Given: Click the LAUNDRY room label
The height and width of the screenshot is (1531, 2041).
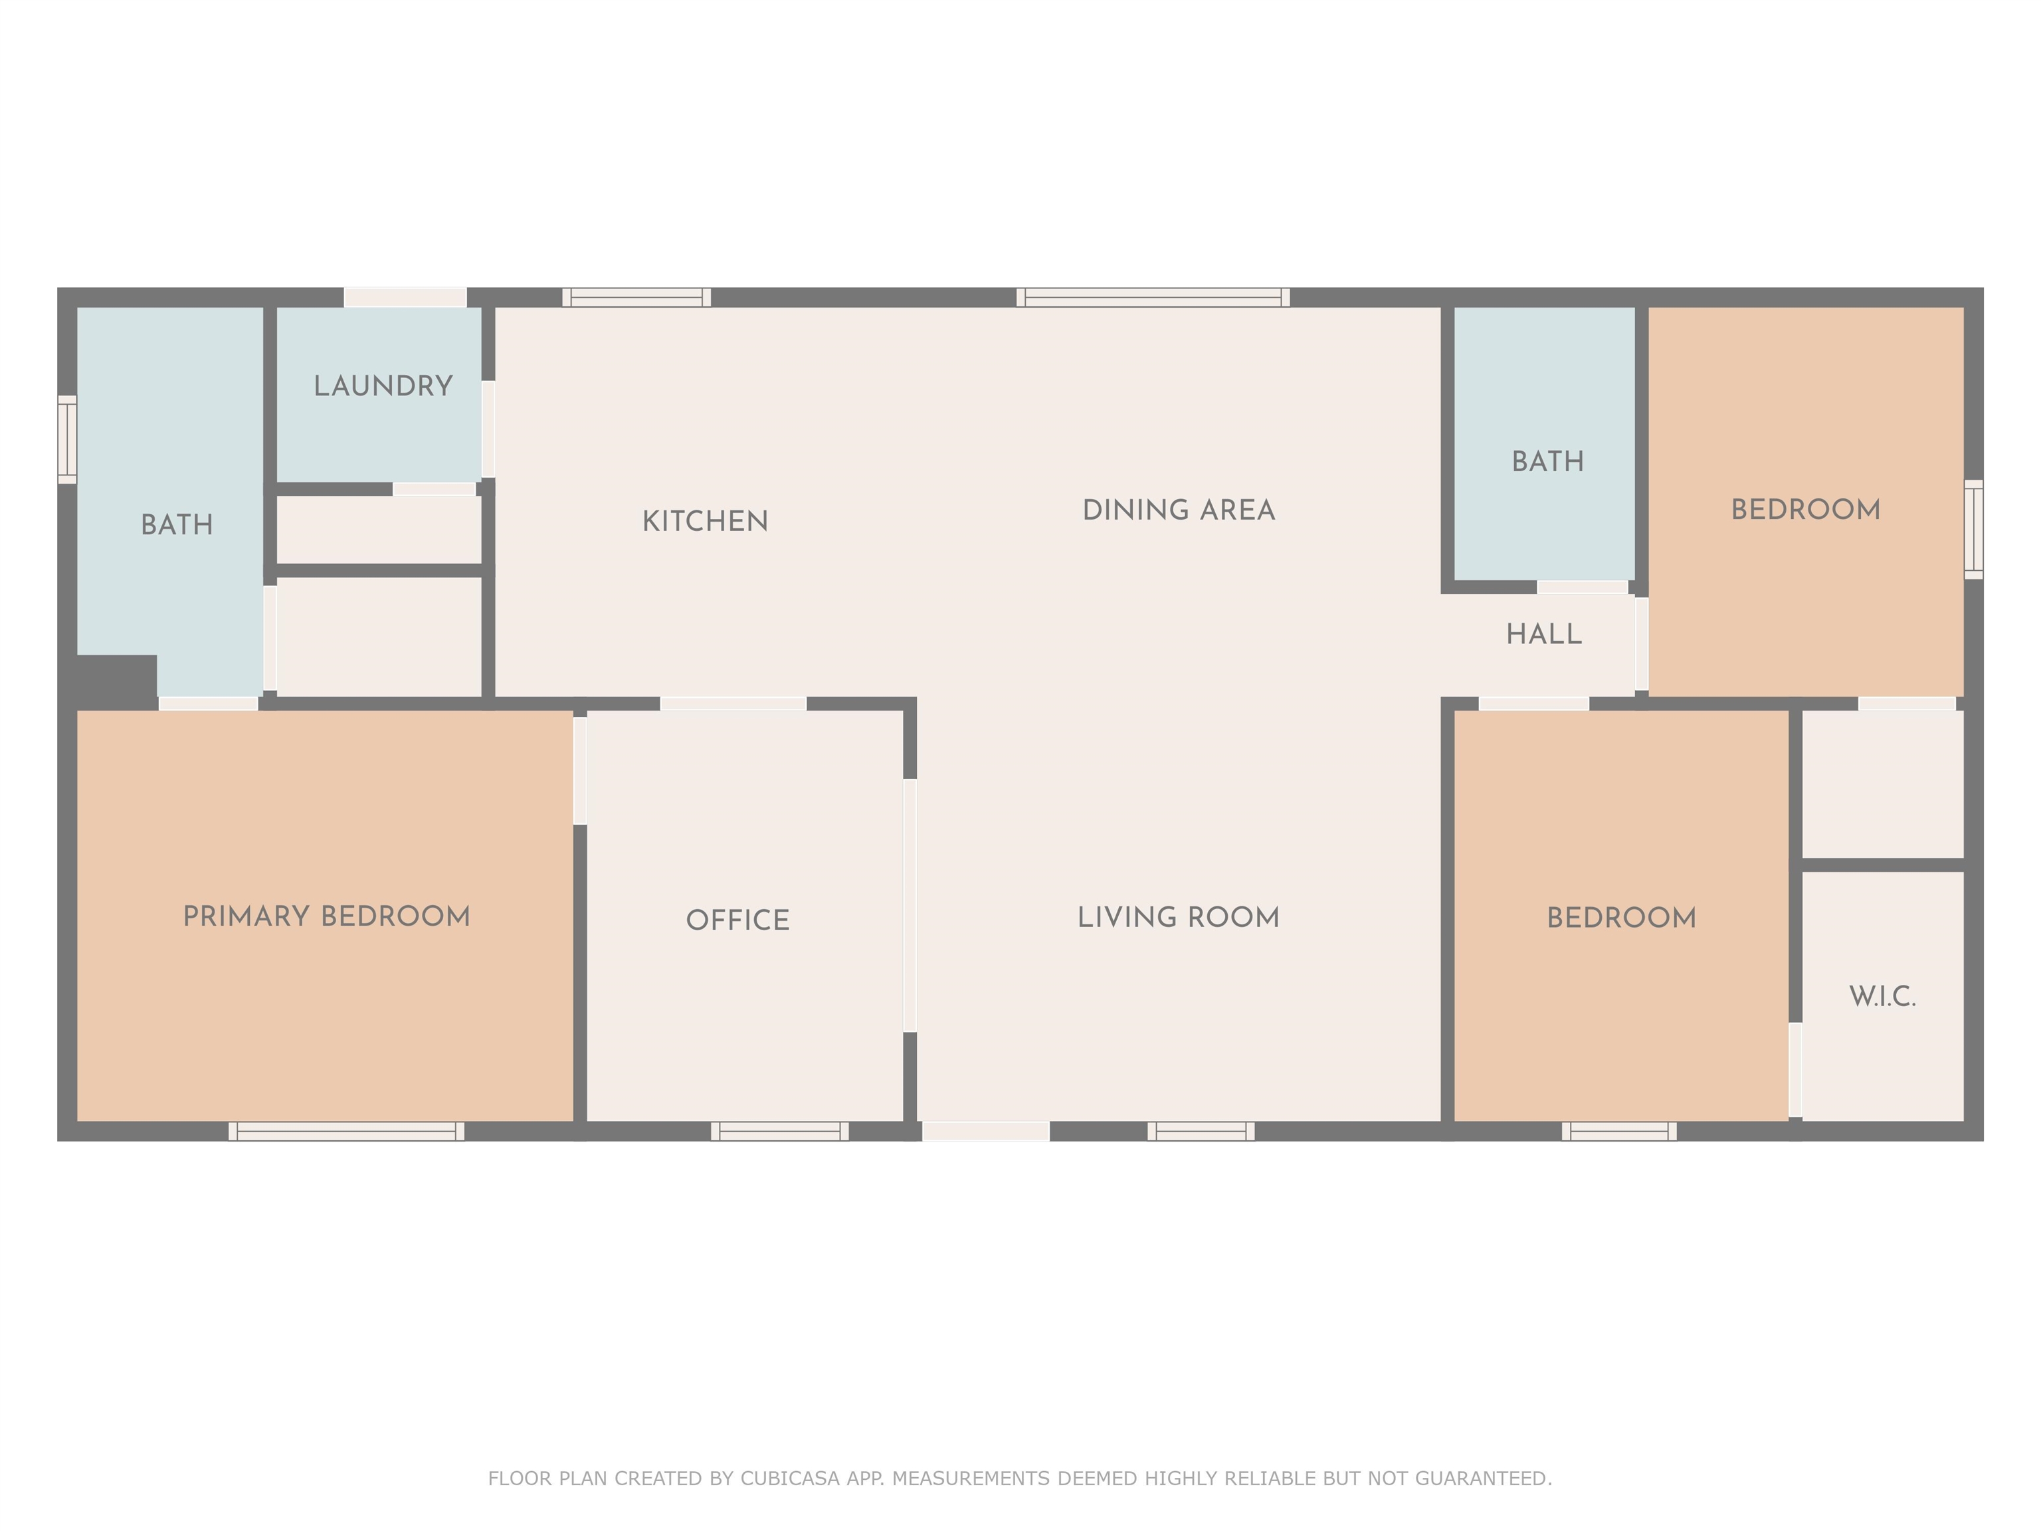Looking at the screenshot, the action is (383, 386).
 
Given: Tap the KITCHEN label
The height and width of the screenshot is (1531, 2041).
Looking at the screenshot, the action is (705, 522).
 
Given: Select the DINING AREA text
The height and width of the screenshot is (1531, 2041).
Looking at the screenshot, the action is (1178, 510).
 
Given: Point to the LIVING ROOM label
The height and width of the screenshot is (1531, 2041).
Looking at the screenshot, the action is (1178, 917).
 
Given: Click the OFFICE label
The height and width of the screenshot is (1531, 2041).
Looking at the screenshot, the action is (737, 920).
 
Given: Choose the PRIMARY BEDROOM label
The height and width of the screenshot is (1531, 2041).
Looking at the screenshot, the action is (327, 916).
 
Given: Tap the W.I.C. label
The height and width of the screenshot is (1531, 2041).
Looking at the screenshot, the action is (1882, 997).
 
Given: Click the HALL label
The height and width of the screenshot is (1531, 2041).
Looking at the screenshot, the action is (1543, 634).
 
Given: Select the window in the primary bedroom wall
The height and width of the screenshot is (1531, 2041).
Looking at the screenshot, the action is (346, 1132).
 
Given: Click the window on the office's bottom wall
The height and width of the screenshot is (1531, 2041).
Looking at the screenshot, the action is (780, 1132).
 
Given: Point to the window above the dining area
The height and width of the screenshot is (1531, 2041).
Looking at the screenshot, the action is (1153, 297).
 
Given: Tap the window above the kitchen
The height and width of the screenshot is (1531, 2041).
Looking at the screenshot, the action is (636, 297).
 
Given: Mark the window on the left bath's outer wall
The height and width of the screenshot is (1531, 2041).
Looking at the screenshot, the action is (67, 439).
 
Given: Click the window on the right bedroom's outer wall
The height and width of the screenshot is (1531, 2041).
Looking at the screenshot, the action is (1974, 530).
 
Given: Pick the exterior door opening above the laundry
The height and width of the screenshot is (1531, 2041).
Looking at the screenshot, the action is (405, 297).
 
